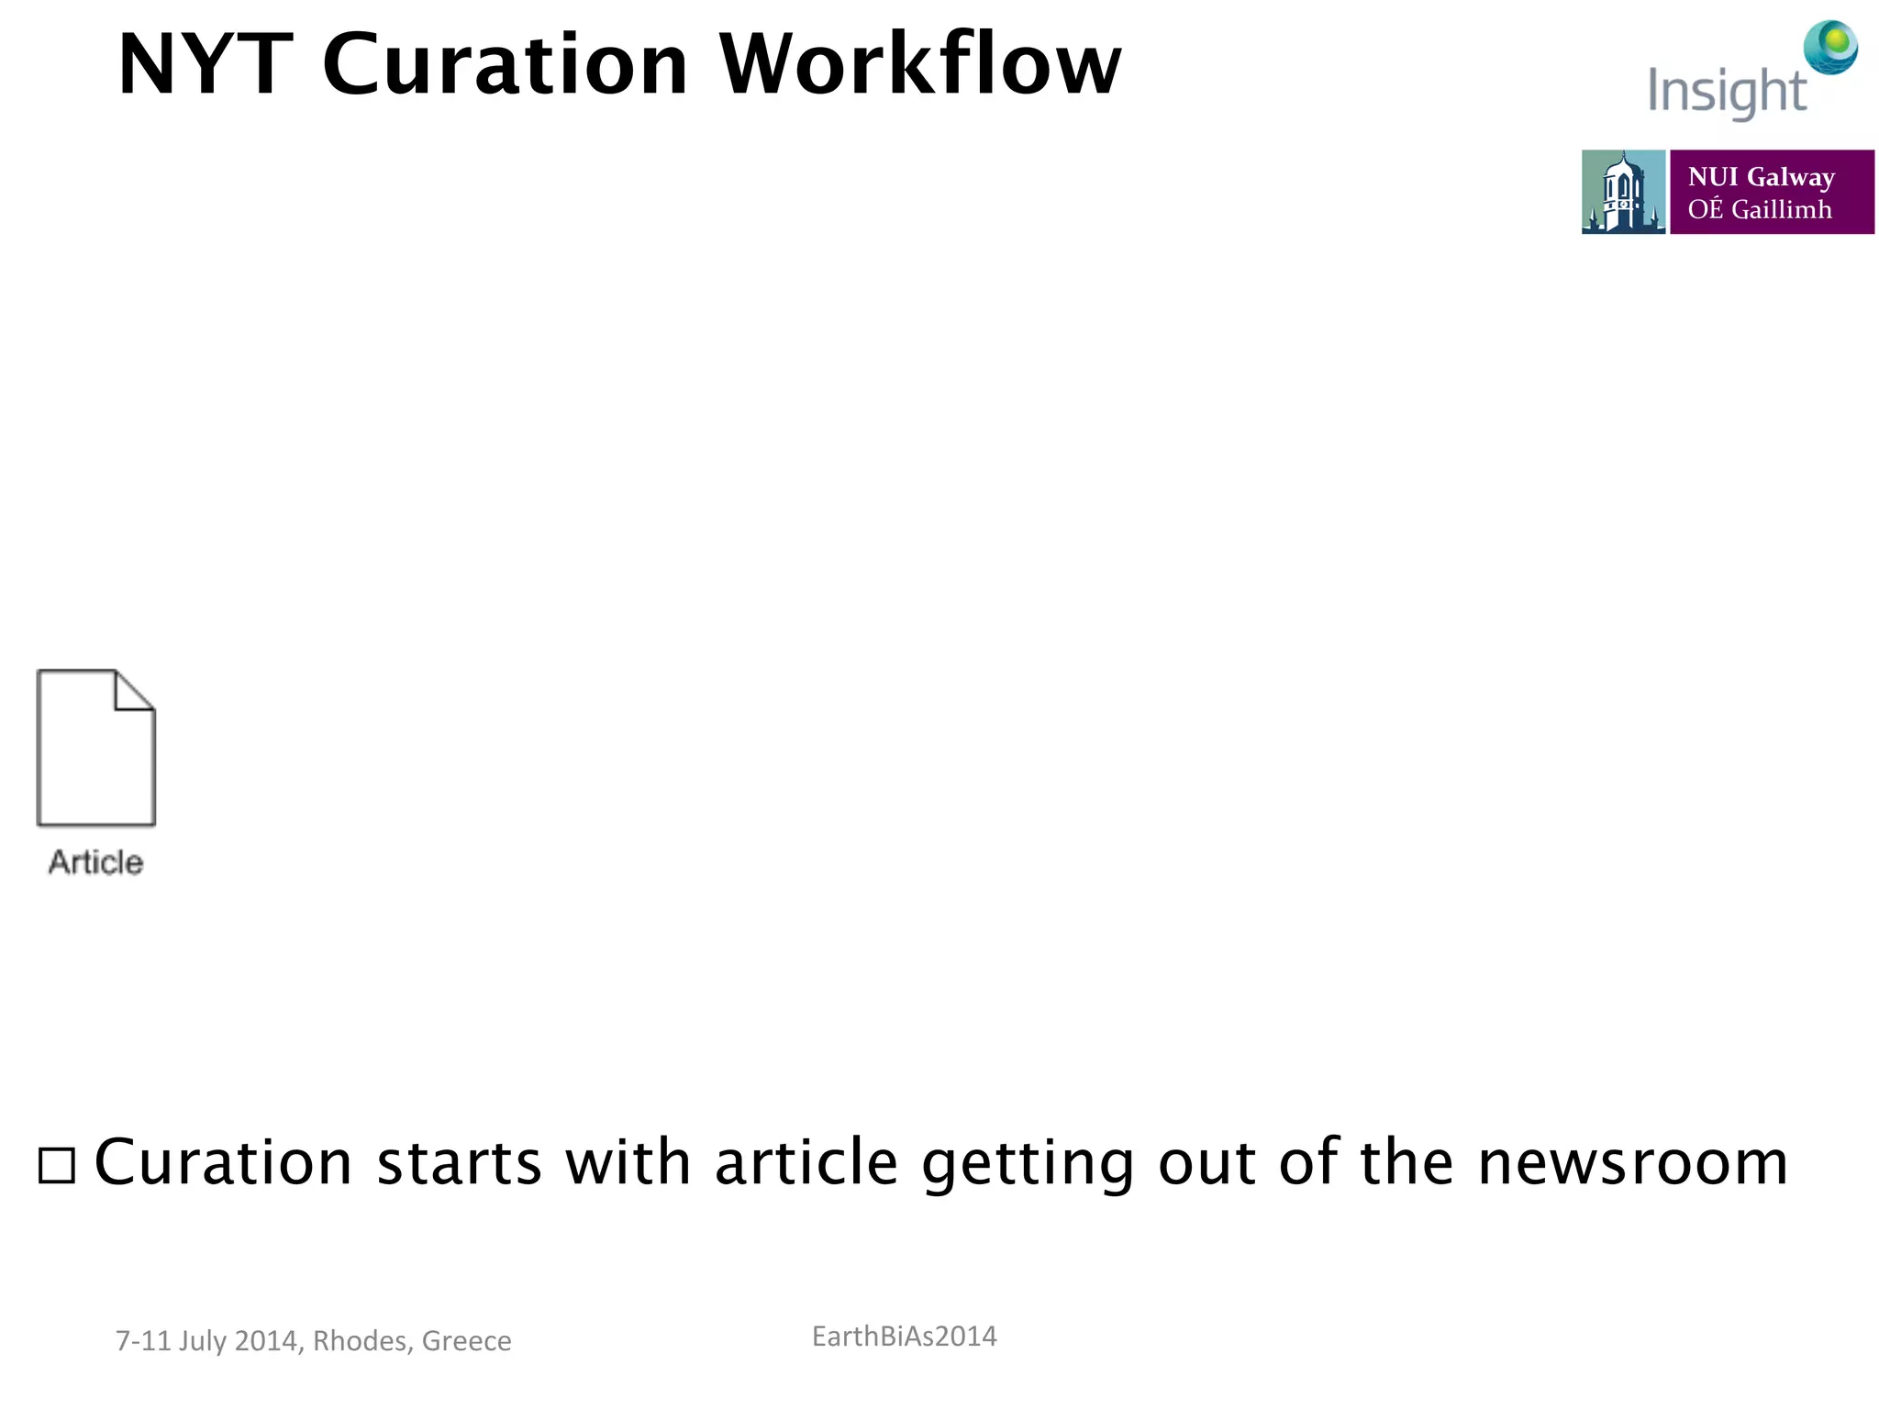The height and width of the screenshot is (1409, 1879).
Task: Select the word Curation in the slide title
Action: tap(505, 65)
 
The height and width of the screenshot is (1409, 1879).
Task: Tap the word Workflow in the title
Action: tap(920, 65)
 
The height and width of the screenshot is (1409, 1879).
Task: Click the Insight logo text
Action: tap(1726, 93)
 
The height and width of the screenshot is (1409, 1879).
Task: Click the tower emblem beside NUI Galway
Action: tap(1622, 192)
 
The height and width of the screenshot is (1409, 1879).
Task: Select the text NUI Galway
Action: tap(1761, 176)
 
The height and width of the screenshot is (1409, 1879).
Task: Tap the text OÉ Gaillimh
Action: tap(1759, 210)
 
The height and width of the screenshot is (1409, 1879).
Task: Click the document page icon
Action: tap(95, 748)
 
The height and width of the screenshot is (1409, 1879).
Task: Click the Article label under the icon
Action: tap(95, 862)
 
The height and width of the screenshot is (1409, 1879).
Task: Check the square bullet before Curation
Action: tap(57, 1165)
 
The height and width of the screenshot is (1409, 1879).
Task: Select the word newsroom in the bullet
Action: tap(1632, 1163)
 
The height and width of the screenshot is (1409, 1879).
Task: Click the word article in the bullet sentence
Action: tap(806, 1163)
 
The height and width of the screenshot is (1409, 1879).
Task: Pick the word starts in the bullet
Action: tap(459, 1163)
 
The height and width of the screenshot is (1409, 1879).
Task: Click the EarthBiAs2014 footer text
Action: tap(904, 1337)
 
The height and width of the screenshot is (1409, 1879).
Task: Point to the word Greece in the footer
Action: tap(466, 1341)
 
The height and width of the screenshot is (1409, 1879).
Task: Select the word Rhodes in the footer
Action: tap(361, 1341)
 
